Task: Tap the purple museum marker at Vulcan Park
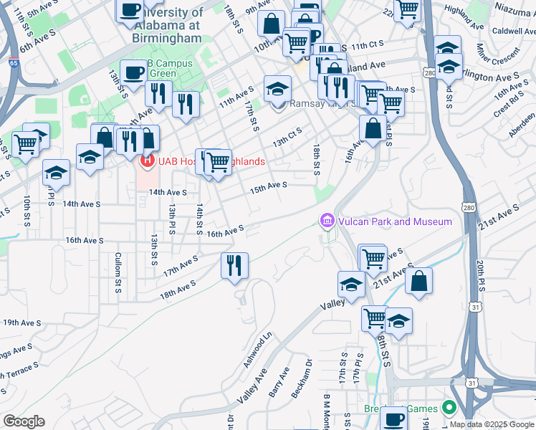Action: [x=328, y=221]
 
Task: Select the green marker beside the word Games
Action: [x=449, y=408]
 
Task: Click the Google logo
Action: [x=24, y=421]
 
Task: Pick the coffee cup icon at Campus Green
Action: [x=133, y=72]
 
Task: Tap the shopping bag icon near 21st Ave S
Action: [x=418, y=281]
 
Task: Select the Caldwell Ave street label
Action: [x=513, y=32]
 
